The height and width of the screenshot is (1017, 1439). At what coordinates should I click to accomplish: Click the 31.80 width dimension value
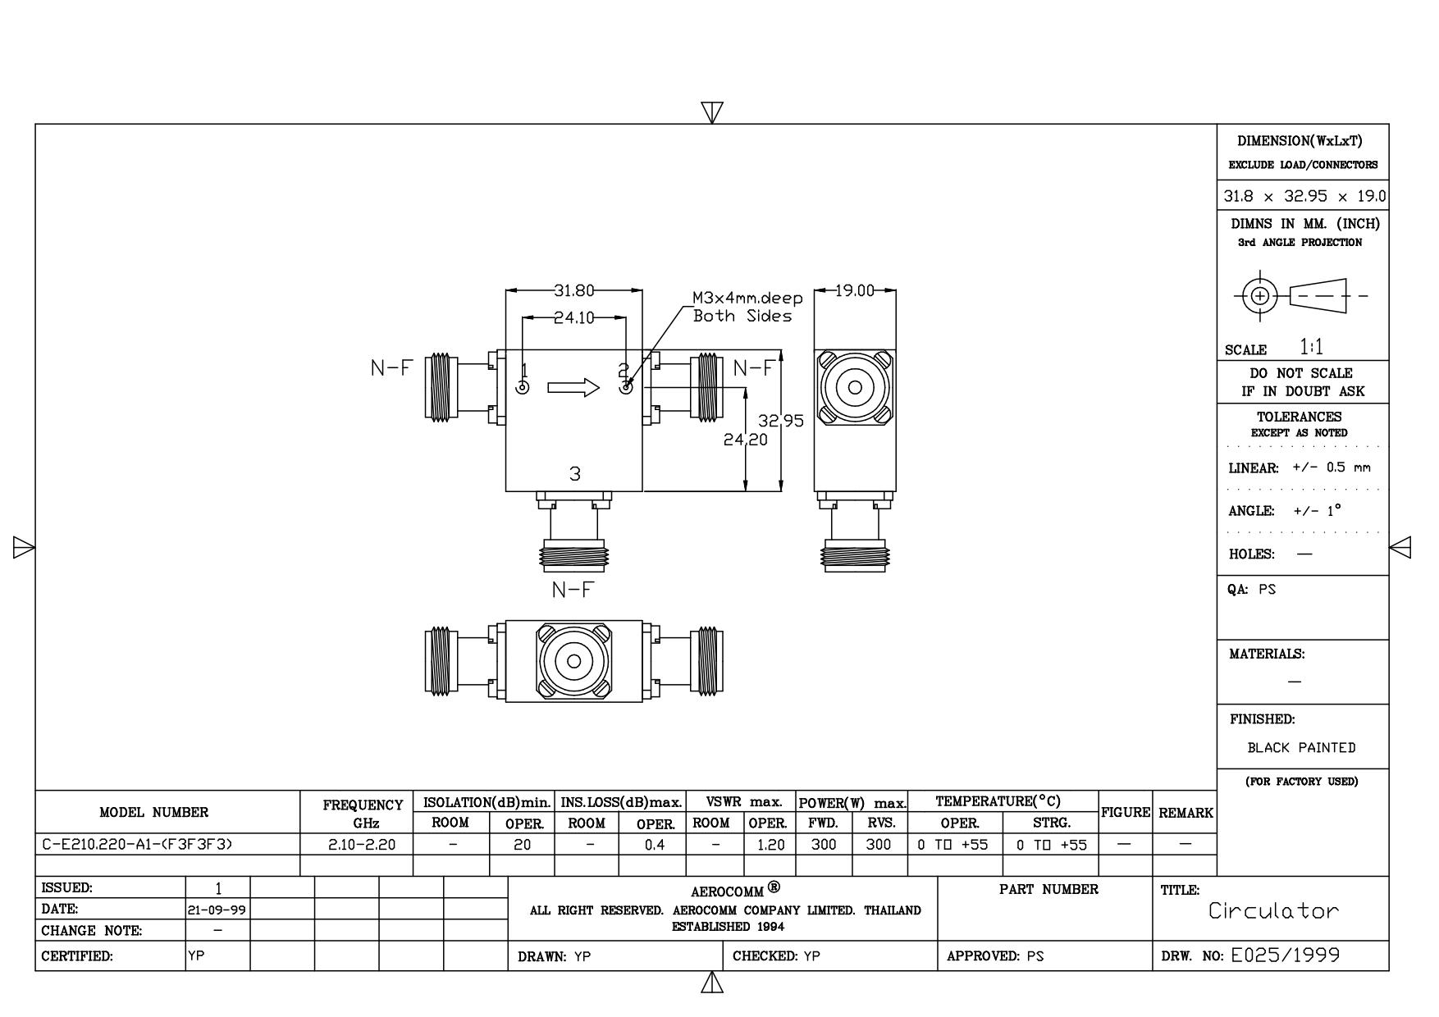(x=573, y=290)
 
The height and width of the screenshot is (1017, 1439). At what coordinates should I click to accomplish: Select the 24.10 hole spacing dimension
(x=574, y=318)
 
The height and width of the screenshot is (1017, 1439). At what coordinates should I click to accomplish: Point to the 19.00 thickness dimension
(x=855, y=290)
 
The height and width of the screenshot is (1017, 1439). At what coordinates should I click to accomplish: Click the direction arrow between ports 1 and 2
(x=573, y=387)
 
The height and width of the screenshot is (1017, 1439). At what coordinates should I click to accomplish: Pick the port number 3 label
(x=575, y=473)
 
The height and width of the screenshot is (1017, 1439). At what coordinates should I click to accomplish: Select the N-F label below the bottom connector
(x=572, y=589)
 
